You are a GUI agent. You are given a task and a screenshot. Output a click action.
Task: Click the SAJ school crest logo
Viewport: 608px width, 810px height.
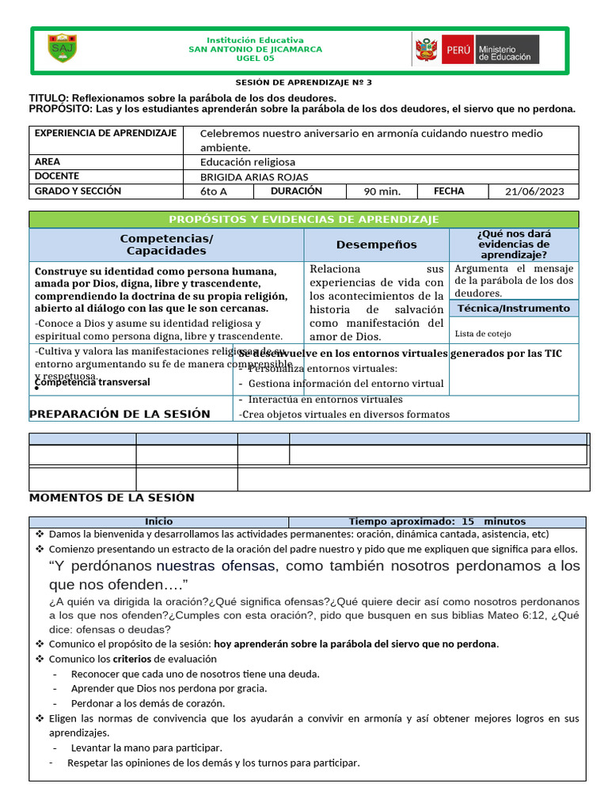tap(62, 48)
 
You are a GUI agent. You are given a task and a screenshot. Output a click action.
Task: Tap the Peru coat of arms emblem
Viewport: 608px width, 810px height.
tap(425, 50)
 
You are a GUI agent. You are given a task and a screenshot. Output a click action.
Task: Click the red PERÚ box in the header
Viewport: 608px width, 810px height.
tap(458, 49)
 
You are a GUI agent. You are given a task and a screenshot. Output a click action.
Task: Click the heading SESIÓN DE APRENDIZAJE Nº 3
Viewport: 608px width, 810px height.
tap(303, 82)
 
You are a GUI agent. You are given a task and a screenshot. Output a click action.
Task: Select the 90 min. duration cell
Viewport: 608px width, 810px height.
tap(382, 191)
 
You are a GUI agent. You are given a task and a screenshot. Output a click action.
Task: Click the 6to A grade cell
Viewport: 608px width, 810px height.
tap(214, 191)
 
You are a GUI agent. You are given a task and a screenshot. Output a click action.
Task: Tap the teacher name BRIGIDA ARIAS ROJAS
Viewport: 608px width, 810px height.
tap(254, 177)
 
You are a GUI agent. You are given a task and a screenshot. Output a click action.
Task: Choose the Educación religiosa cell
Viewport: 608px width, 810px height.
tap(248, 162)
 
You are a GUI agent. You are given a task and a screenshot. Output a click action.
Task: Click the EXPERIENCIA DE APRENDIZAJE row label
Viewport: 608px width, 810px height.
tap(104, 133)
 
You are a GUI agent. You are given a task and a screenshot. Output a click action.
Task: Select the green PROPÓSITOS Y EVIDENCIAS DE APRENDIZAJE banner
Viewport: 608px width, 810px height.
tap(304, 219)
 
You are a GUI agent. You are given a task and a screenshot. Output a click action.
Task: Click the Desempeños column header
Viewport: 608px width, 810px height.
tap(376, 244)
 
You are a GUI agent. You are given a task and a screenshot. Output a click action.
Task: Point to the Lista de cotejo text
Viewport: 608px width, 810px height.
tap(483, 334)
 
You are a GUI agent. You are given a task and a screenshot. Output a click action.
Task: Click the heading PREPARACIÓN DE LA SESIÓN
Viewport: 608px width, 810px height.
tap(120, 414)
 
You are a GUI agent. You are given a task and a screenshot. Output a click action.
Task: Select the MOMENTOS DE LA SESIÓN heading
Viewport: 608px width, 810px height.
tap(112, 498)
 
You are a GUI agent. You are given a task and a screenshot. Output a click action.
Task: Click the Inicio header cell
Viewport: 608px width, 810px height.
tap(158, 522)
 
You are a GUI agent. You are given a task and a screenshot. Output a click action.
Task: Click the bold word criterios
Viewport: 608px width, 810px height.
tap(132, 659)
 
